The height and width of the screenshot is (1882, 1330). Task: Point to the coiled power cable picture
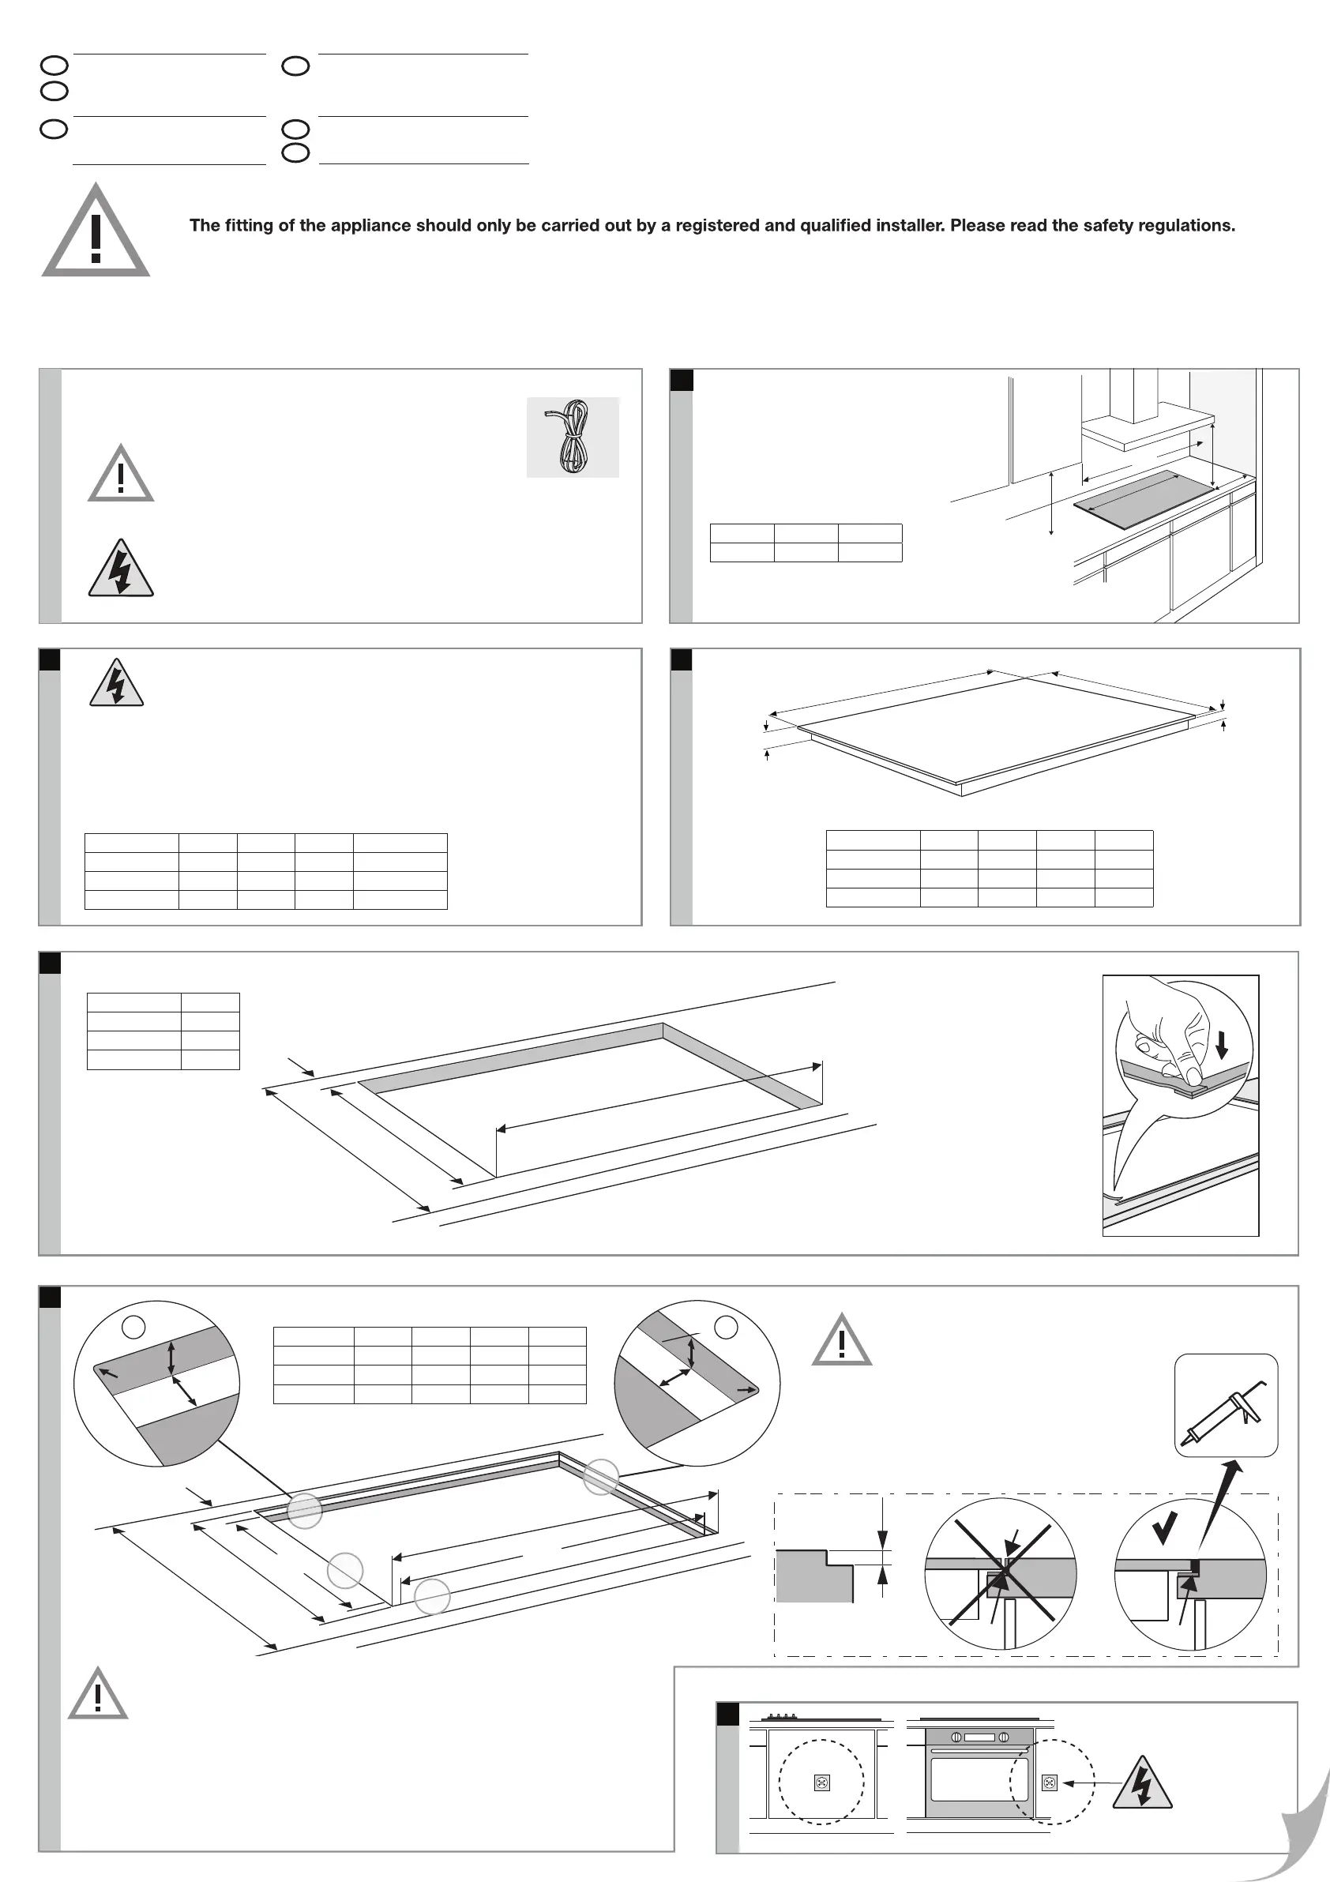pos(572,437)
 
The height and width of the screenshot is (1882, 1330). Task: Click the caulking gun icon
pos(1225,1405)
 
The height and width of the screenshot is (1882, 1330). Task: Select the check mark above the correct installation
pos(1163,1528)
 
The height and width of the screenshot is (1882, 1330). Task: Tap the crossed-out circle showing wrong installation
pos(1001,1573)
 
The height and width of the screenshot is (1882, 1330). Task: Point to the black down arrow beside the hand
pos(1222,1044)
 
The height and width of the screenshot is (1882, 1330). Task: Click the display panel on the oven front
pos(979,1737)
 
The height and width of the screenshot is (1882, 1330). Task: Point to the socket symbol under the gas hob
pos(822,1782)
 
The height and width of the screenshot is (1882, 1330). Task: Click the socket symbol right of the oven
pos(1050,1782)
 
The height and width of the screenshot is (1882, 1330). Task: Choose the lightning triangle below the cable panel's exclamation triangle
pos(122,569)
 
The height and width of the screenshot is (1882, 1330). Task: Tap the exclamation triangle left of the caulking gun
pos(842,1342)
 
